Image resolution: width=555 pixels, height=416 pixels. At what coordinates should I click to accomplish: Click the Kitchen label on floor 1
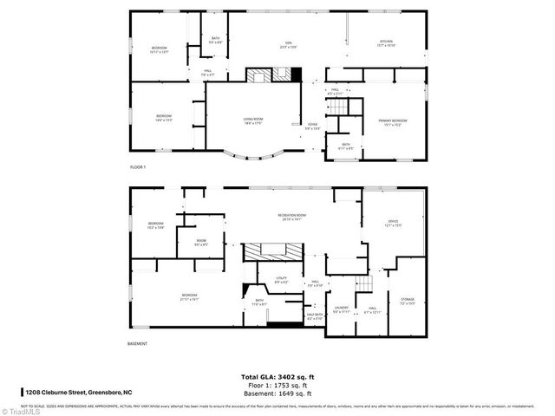pos(386,43)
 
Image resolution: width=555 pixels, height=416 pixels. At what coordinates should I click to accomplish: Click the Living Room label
pos(252,122)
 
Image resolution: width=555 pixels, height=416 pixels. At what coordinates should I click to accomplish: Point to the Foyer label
pos(312,127)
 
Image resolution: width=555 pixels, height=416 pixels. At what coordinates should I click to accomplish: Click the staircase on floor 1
pos(336,107)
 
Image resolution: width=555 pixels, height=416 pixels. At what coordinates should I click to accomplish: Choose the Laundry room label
pos(341,309)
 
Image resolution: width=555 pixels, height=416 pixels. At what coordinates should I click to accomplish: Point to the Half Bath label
pos(314,317)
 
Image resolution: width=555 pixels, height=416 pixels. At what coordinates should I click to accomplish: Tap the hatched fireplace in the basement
pos(273,252)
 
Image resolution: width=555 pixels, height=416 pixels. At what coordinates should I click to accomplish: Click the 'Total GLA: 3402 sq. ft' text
pos(277,376)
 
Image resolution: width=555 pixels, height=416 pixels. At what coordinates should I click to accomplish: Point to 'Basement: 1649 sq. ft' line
pos(277,393)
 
